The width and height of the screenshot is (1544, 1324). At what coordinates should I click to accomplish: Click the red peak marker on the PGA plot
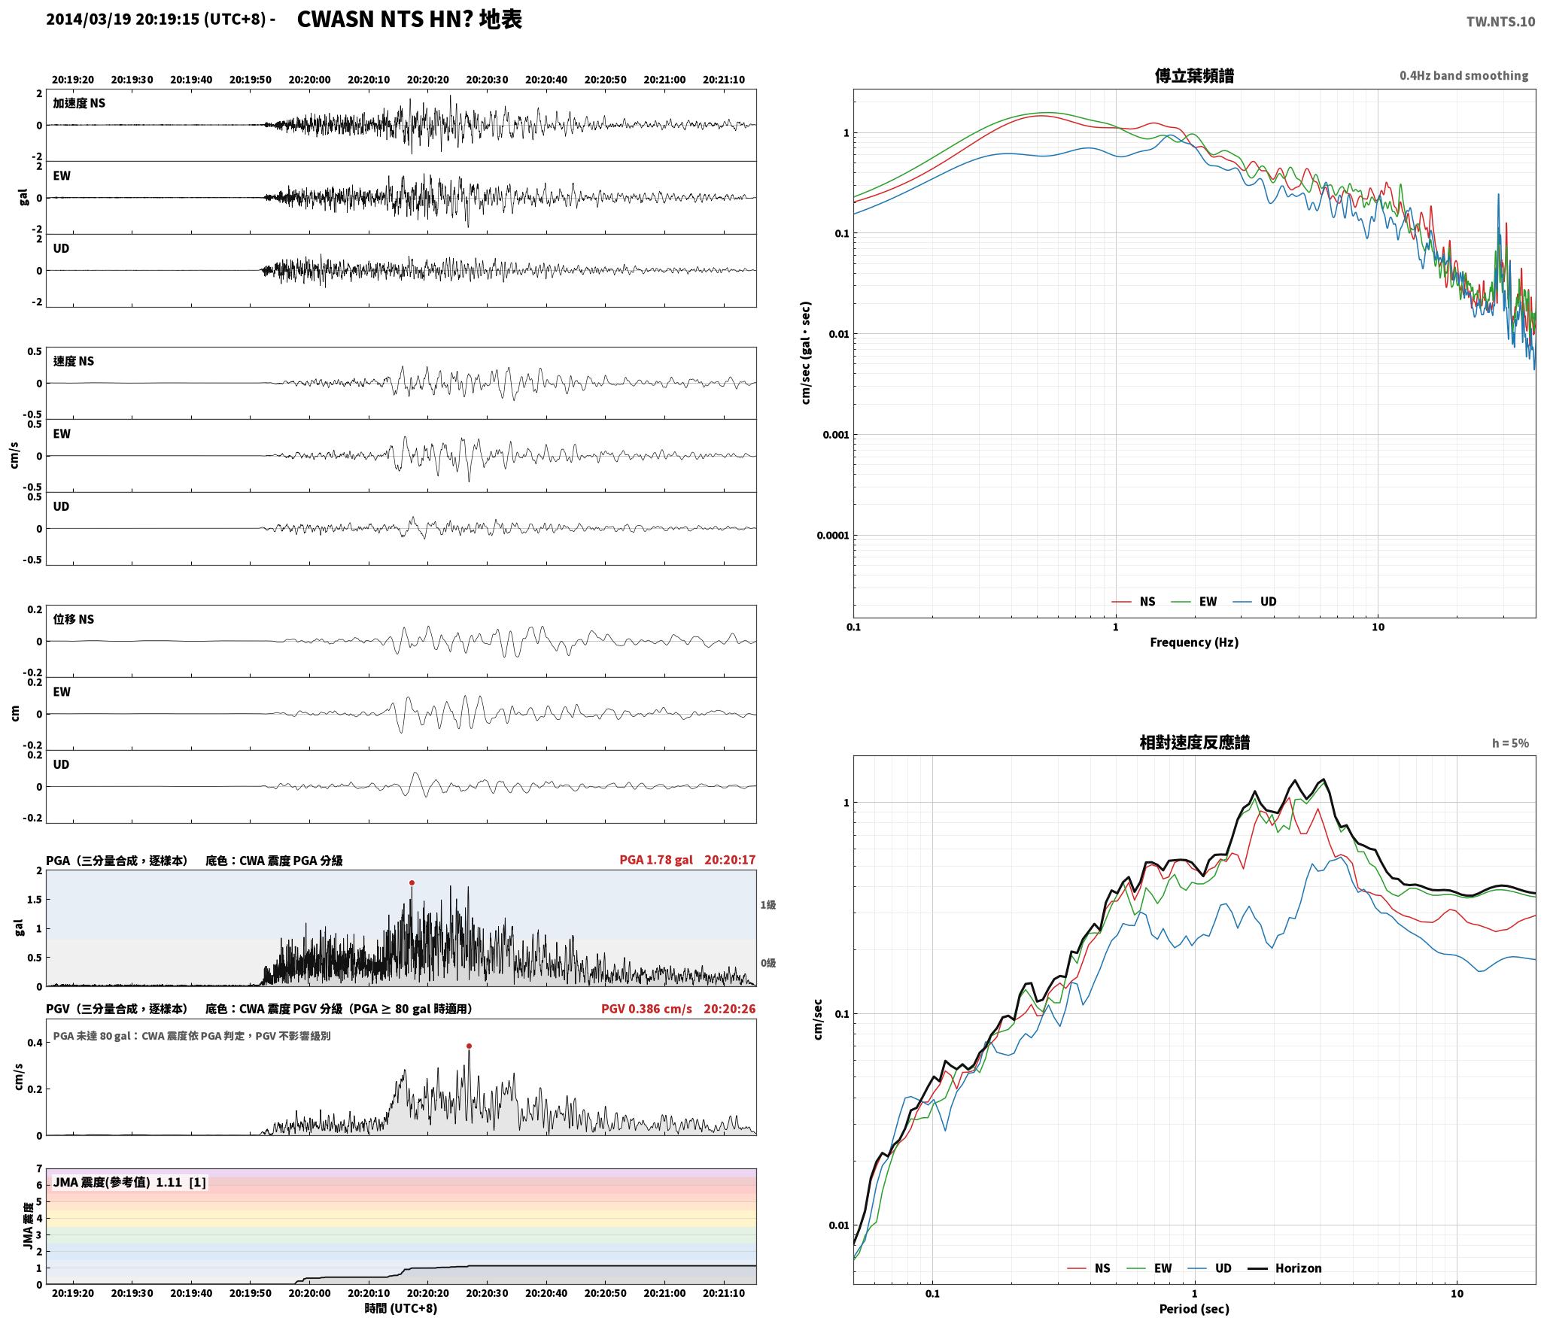point(412,882)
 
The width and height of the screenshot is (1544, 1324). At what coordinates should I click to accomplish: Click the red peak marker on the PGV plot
point(469,1046)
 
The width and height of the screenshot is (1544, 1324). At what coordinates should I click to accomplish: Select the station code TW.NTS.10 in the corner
point(1500,22)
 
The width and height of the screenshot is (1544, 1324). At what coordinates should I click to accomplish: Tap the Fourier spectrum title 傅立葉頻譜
point(1194,75)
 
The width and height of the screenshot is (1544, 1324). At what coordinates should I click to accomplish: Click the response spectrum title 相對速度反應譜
point(1194,742)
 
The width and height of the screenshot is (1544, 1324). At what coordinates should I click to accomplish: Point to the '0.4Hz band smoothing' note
point(1463,76)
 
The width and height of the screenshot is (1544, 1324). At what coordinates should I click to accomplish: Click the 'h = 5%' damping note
point(1510,743)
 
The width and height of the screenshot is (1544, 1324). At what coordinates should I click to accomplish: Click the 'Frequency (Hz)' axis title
point(1194,642)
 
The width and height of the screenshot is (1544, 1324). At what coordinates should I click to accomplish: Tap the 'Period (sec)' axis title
point(1194,1308)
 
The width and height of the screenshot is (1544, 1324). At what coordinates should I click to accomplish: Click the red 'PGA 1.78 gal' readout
point(656,860)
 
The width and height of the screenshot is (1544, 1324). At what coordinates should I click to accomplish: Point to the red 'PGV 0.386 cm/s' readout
point(646,1008)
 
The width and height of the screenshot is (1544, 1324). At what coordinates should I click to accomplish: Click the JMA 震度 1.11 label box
point(129,1182)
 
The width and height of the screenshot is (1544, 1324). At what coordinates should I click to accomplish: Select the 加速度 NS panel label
point(79,103)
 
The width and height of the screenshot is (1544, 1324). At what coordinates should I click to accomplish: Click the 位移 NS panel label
point(74,619)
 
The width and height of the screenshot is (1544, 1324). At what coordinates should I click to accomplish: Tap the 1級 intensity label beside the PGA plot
point(767,905)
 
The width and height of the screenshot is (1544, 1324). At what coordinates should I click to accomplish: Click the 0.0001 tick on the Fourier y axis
point(832,536)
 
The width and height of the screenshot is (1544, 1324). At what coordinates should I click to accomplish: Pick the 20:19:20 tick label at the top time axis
point(73,80)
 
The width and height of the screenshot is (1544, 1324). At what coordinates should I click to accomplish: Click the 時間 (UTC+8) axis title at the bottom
point(401,1308)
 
